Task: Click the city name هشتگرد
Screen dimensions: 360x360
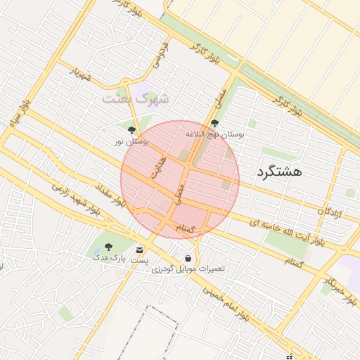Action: point(279,172)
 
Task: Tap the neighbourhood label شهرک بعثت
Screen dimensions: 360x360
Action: point(136,98)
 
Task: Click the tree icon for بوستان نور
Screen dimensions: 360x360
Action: point(131,130)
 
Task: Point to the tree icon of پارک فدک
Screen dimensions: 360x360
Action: point(108,246)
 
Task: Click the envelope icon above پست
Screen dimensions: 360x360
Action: point(140,250)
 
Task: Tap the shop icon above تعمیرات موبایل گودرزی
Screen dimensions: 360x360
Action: point(187,258)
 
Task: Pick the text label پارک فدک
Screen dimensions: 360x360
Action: point(108,258)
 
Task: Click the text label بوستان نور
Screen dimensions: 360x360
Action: point(131,141)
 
